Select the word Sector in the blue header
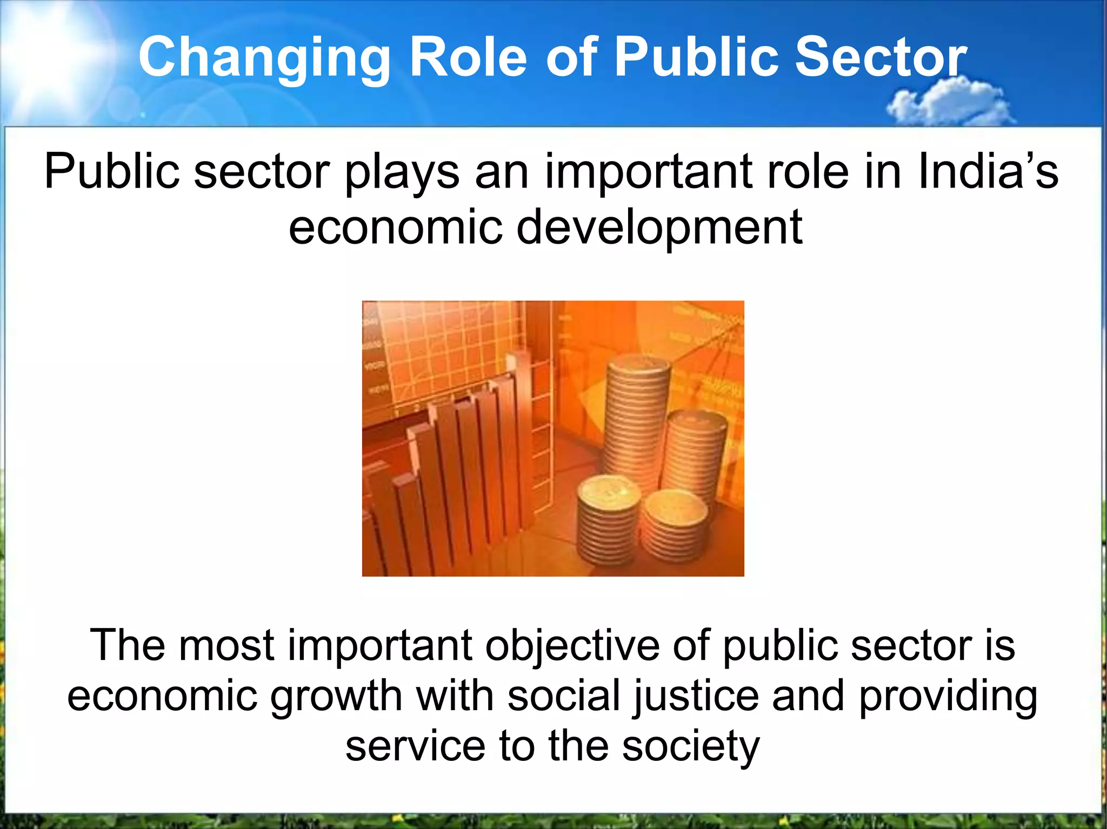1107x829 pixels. coord(881,57)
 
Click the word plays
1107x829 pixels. coord(402,172)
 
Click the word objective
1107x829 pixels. coord(571,646)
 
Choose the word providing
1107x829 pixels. coord(948,697)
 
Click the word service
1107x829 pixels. coord(415,746)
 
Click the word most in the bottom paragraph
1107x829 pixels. coord(226,646)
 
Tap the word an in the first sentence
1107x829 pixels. coord(502,172)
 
